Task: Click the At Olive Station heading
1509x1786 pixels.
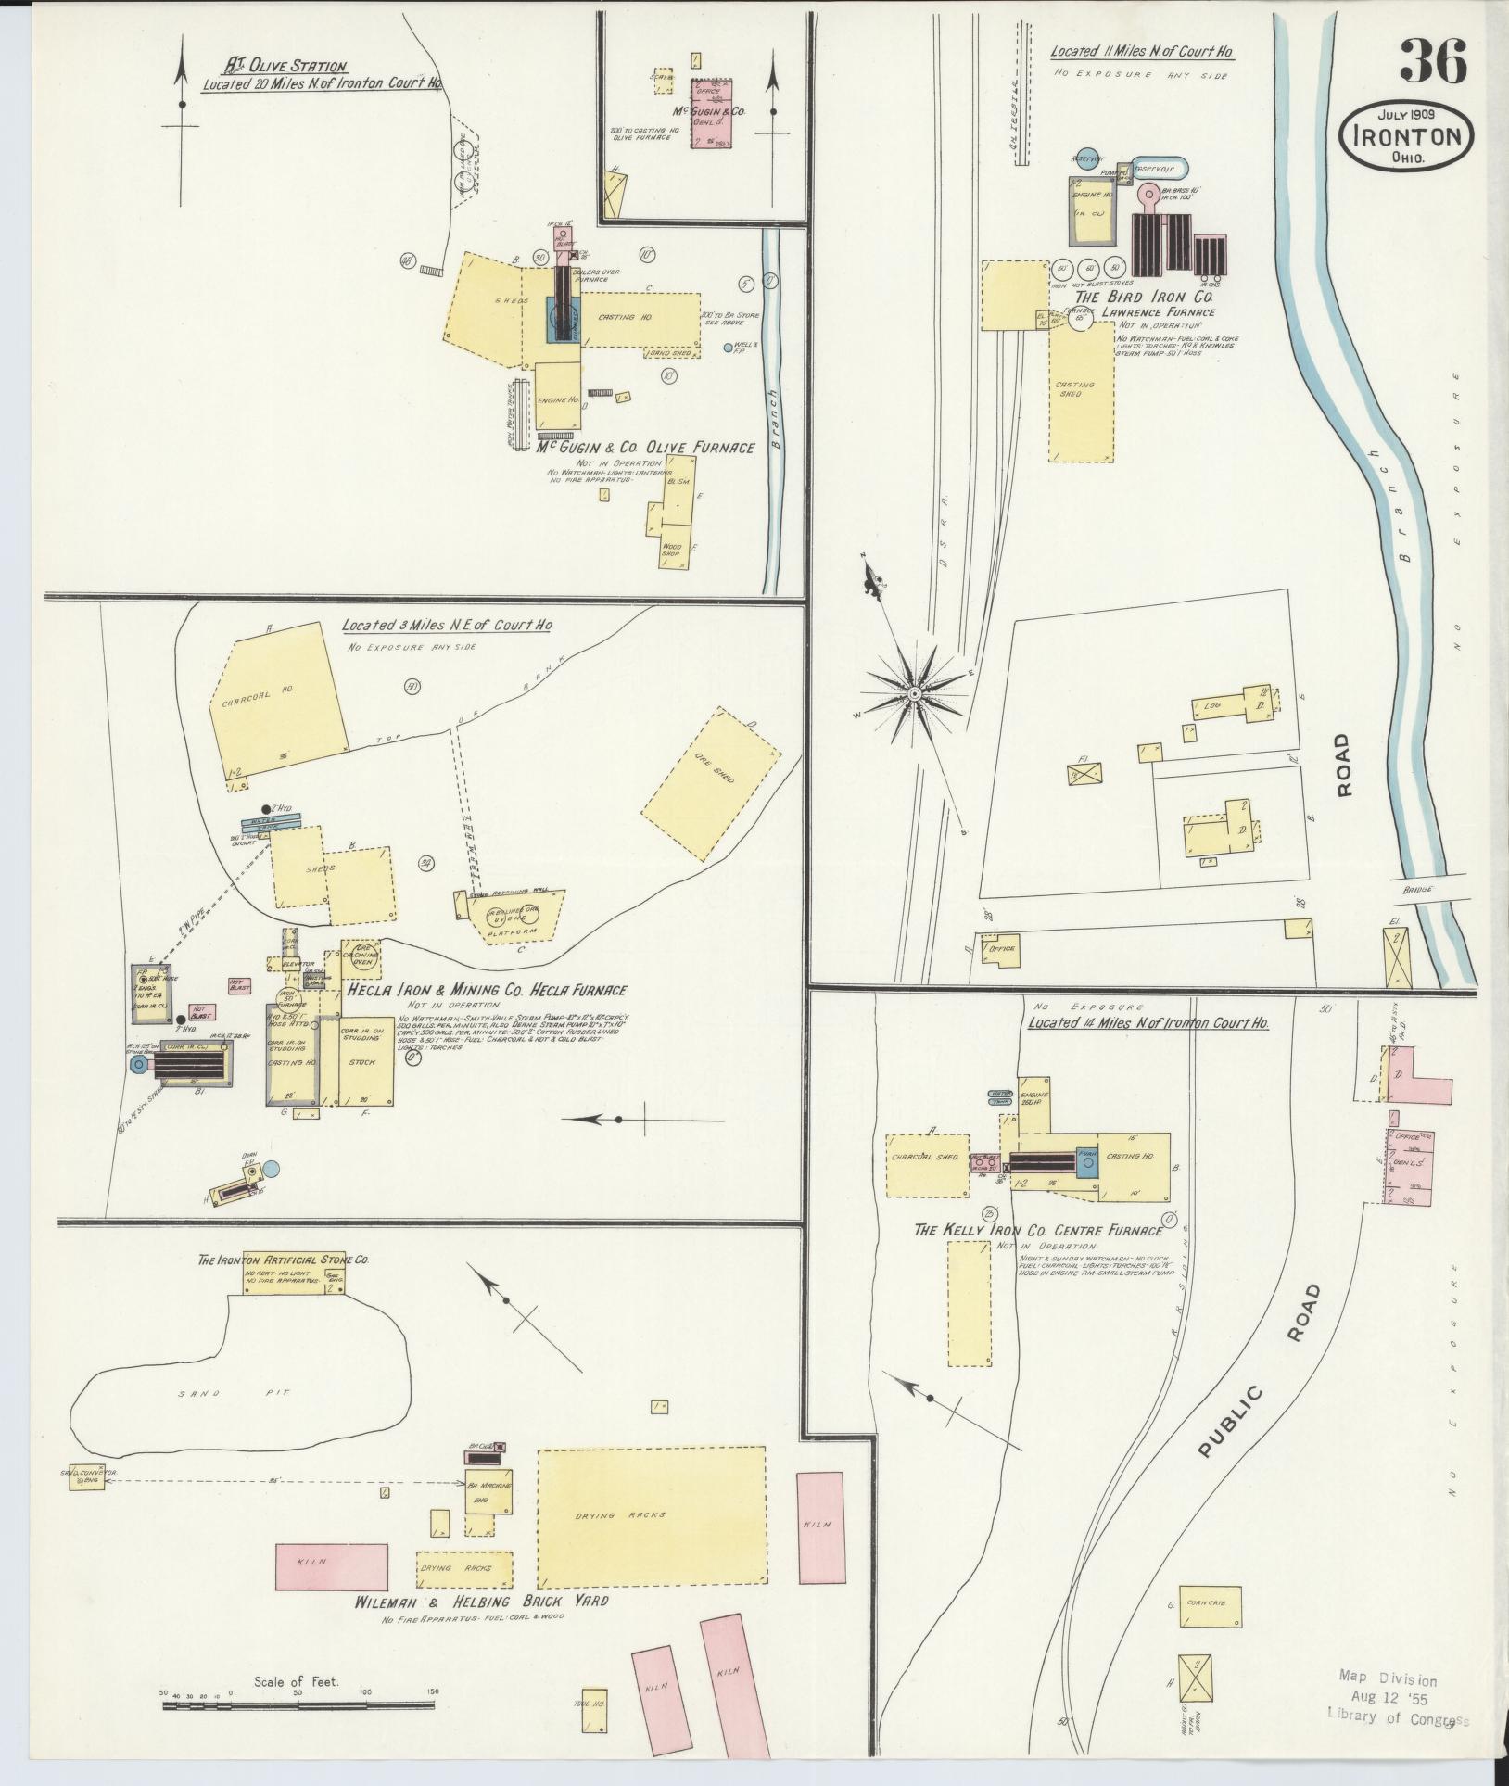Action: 285,67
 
